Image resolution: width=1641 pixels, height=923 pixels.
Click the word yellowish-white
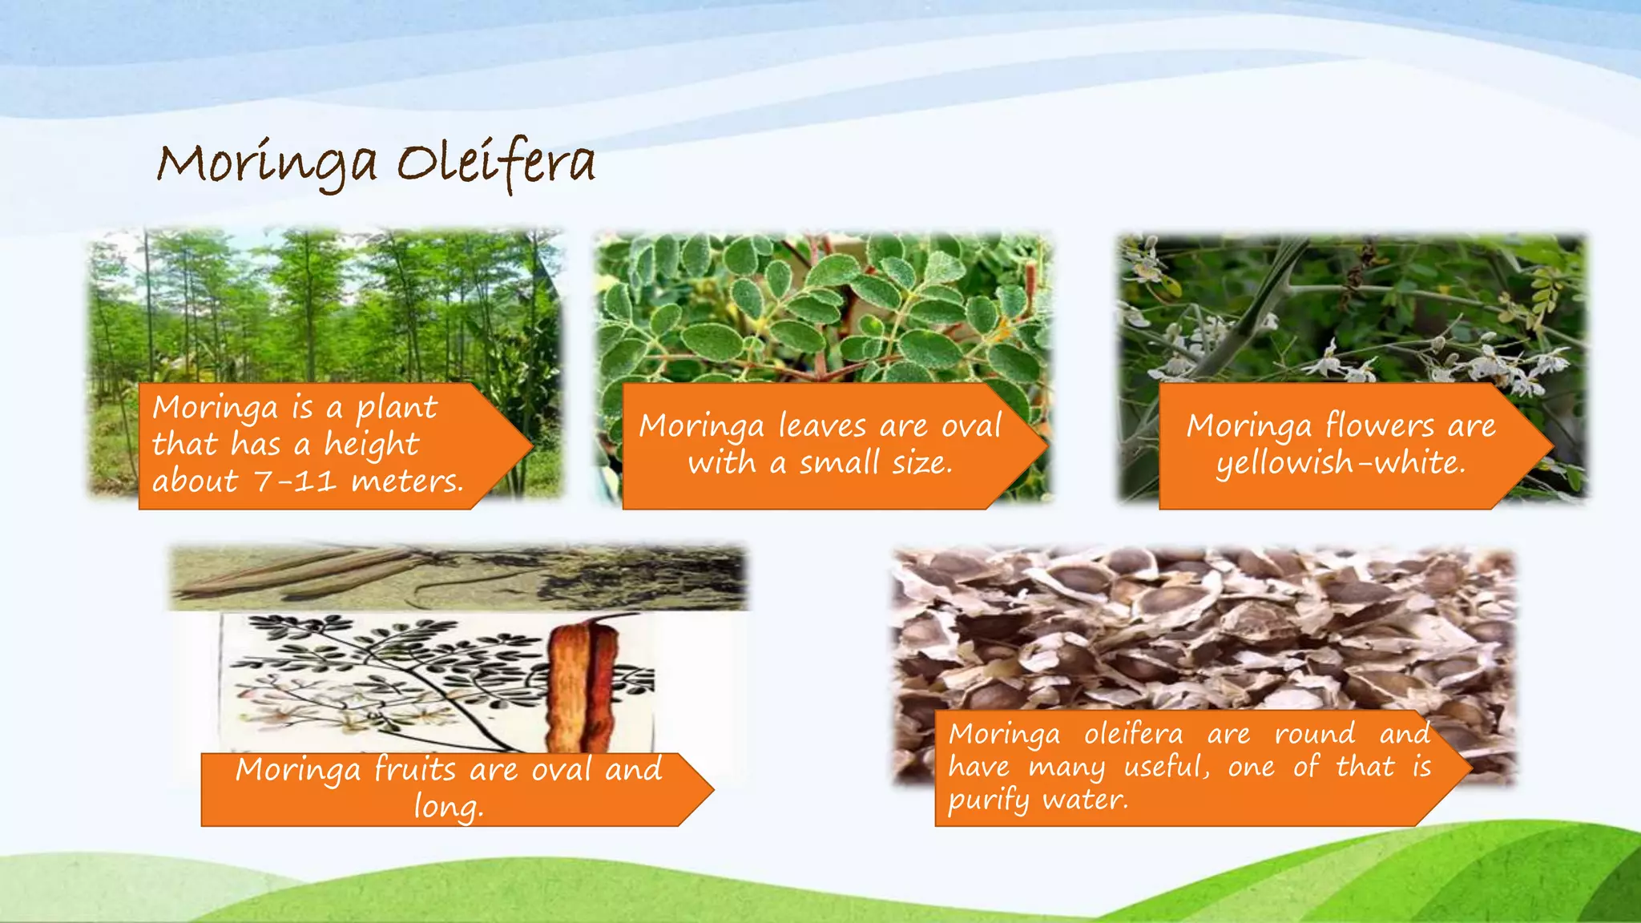[x=1341, y=463]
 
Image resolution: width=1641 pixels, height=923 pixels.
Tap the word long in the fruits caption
[x=447, y=806]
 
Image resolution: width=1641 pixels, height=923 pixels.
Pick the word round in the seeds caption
[x=1315, y=734]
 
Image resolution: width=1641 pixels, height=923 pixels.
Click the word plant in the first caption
[x=397, y=409]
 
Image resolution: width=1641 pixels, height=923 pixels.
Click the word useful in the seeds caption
[x=1166, y=767]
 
